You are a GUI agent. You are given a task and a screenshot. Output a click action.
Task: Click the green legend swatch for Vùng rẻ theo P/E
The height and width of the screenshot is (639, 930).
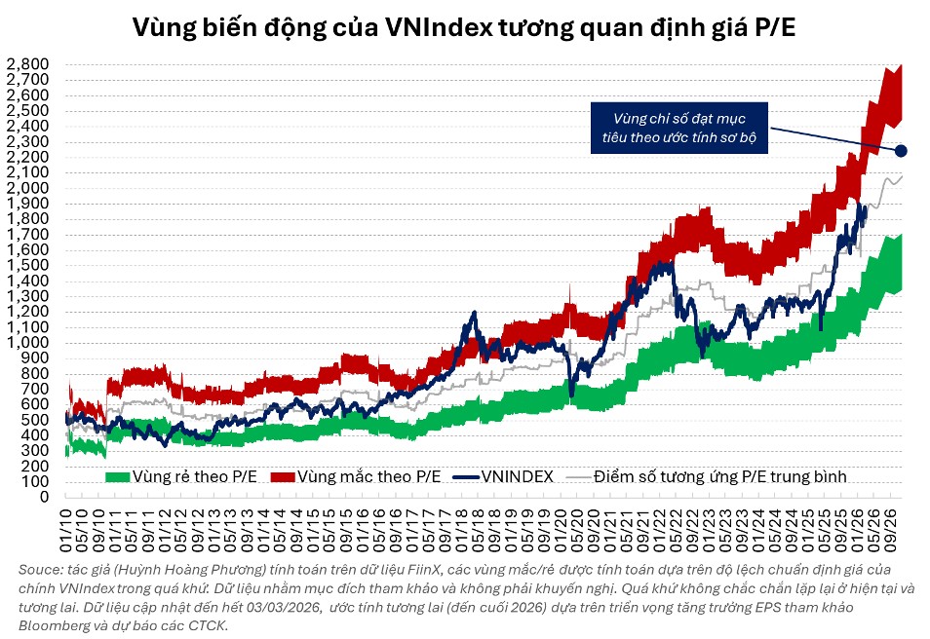[117, 476]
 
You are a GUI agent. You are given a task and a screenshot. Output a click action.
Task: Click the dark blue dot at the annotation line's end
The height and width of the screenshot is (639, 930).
[901, 150]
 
